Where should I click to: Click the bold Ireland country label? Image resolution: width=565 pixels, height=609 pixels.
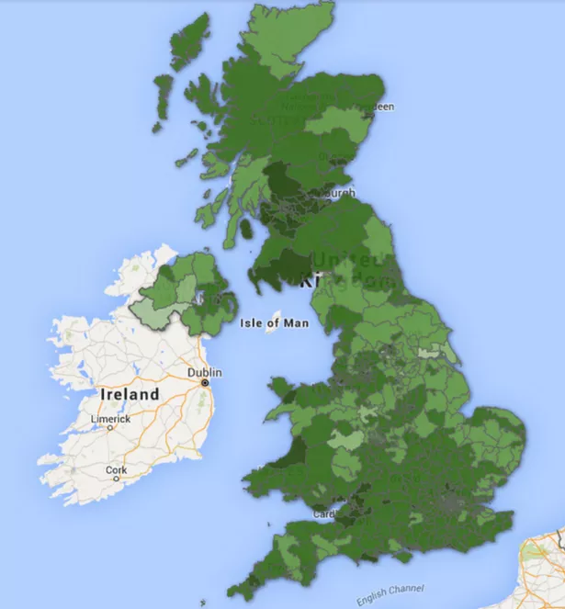(x=129, y=394)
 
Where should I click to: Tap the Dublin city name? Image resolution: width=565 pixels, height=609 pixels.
(x=205, y=373)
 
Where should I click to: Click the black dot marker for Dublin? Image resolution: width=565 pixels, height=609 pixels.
(x=205, y=383)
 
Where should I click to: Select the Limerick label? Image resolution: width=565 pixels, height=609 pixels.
(x=110, y=419)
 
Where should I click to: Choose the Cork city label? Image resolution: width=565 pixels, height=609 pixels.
(x=116, y=469)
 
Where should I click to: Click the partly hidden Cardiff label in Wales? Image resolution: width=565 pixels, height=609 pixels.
(x=324, y=513)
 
